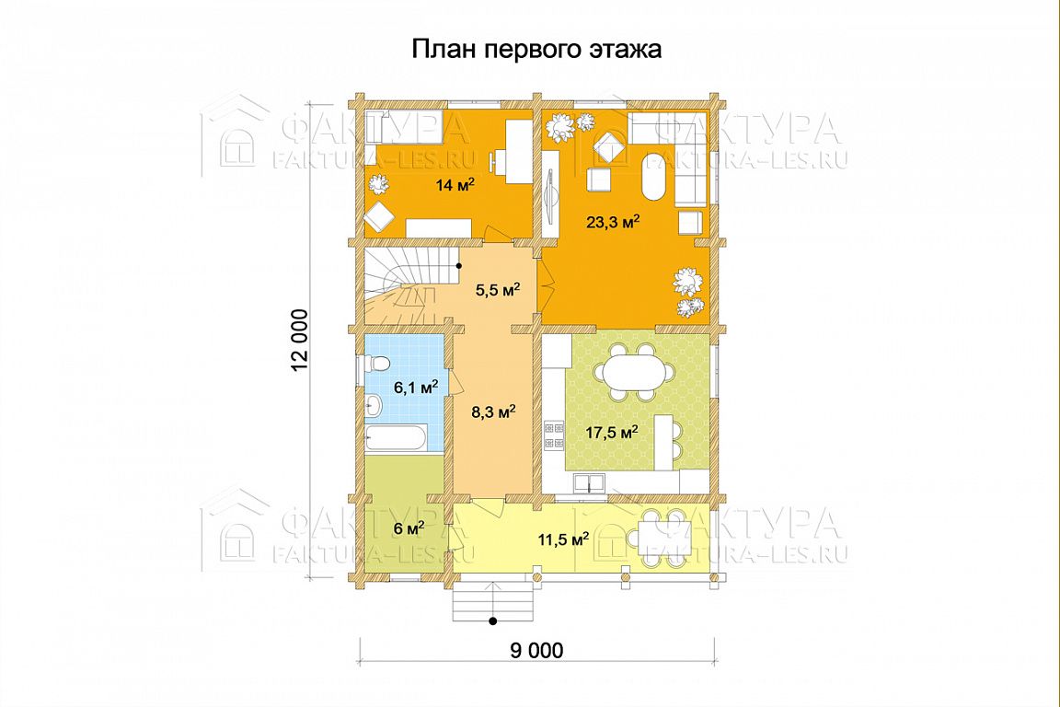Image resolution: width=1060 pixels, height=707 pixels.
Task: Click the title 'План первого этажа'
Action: point(536,50)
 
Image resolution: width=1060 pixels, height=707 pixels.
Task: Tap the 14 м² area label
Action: point(455,184)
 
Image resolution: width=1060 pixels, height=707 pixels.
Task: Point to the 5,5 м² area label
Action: point(497,290)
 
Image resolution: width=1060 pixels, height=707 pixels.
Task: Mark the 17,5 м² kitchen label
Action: point(612,433)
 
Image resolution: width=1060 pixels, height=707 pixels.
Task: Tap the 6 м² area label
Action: point(409,527)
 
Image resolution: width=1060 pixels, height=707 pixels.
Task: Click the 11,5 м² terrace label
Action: point(563,539)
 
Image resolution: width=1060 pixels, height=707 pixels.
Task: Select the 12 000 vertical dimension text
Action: point(300,341)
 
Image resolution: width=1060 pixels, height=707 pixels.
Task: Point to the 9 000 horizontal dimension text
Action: point(536,651)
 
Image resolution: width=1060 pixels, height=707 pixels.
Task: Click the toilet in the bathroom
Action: point(375,364)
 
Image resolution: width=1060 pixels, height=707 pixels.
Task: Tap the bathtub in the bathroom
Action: point(396,437)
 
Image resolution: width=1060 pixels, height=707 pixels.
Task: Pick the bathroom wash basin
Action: point(374,405)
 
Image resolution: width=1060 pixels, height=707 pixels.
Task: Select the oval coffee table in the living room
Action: point(653,176)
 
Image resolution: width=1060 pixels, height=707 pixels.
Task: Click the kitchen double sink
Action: point(590,482)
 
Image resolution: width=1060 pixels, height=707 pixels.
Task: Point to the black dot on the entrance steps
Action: point(493,620)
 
